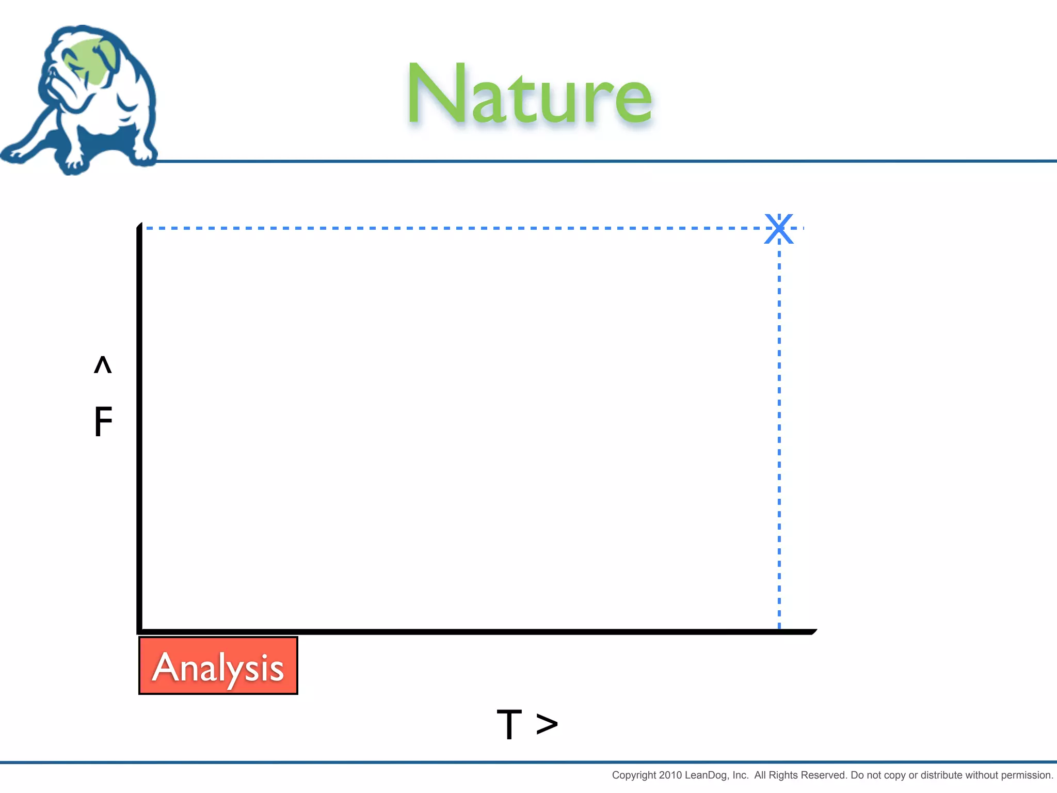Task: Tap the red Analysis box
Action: coord(218,665)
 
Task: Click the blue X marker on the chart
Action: coord(779,228)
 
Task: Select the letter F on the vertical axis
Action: coord(103,421)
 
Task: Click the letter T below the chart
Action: coord(509,724)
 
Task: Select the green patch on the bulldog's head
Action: coord(90,59)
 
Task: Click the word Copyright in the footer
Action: coord(634,775)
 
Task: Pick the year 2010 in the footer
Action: coord(670,775)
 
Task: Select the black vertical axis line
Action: coord(139,429)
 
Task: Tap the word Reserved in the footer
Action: coord(824,775)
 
